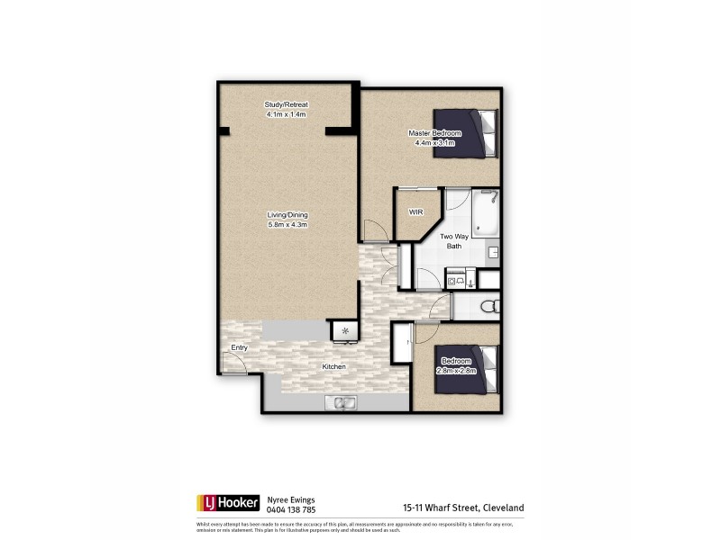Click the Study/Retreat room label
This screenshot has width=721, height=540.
tap(287, 105)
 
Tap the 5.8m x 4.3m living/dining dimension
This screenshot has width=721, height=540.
tap(287, 225)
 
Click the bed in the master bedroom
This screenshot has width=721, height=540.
tap(465, 132)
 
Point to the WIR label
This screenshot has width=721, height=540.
tap(415, 212)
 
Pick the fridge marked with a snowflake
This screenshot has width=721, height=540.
tap(343, 332)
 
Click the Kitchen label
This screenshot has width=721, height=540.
tap(335, 367)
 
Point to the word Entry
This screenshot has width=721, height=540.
tap(239, 347)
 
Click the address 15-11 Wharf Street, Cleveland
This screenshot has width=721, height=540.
tap(464, 508)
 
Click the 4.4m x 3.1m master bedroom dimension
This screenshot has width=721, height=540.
tap(434, 143)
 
